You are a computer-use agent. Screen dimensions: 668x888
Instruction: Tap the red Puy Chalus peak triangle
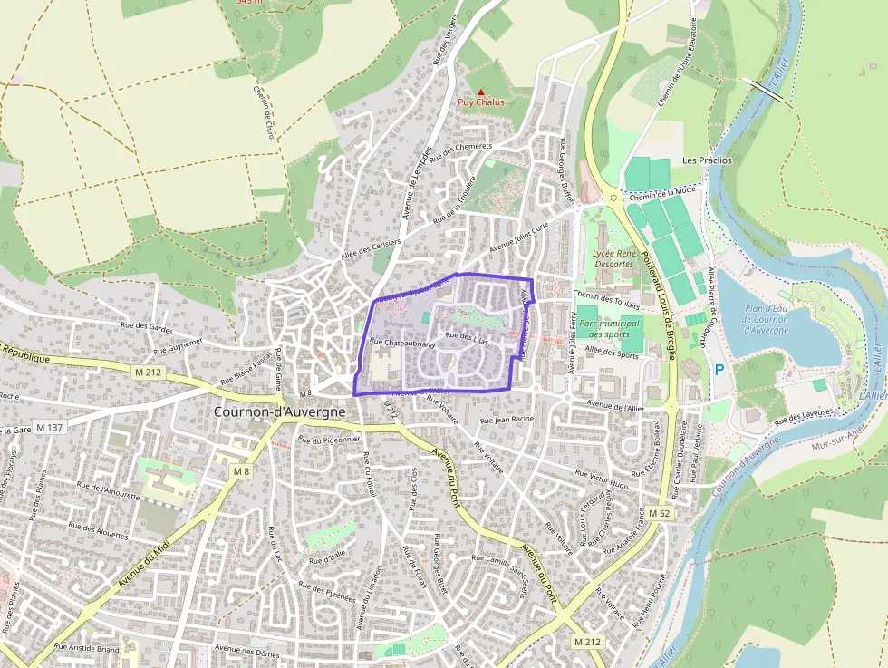(x=481, y=92)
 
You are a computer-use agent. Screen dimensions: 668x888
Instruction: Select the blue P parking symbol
(x=719, y=370)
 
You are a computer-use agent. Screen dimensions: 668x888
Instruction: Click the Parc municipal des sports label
(x=608, y=328)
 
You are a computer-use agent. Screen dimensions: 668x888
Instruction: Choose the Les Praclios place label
(x=707, y=160)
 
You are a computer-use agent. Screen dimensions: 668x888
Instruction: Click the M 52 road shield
(x=660, y=514)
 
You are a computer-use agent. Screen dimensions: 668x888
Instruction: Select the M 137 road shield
(x=51, y=427)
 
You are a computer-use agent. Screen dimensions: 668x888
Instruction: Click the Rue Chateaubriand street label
(x=402, y=344)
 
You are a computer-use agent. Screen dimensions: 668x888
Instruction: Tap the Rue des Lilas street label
(x=468, y=338)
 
